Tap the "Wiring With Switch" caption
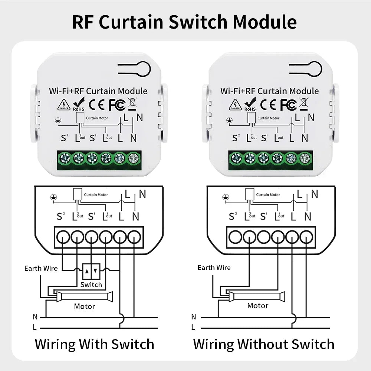[94, 344]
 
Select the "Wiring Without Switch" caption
[263, 344]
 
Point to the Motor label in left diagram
[85, 306]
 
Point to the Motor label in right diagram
[257, 306]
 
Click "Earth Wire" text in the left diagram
[41, 268]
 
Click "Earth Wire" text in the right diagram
[214, 267]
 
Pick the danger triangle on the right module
[235, 105]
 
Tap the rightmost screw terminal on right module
[305, 158]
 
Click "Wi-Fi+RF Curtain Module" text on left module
[98, 91]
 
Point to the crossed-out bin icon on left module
[132, 104]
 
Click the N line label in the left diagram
[35, 317]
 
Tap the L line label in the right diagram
[193, 327]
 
